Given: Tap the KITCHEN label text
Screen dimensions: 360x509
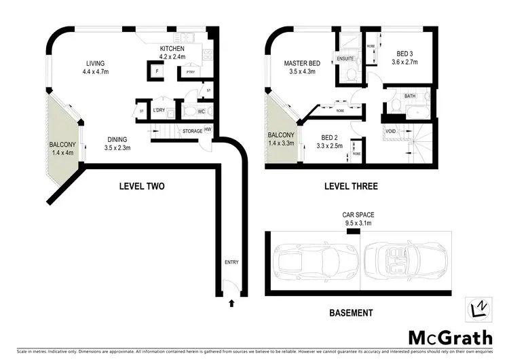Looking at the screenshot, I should [172, 49].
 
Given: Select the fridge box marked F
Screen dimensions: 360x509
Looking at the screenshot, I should [157, 70].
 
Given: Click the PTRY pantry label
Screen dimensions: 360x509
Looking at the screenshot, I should [190, 71].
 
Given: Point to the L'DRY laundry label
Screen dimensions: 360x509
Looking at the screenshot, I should [159, 110].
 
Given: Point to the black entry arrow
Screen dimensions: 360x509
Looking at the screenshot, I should [231, 304].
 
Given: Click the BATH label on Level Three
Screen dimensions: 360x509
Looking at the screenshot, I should [410, 96].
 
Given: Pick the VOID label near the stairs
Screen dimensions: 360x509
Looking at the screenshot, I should [390, 132].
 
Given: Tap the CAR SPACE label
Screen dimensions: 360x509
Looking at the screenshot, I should [358, 215].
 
